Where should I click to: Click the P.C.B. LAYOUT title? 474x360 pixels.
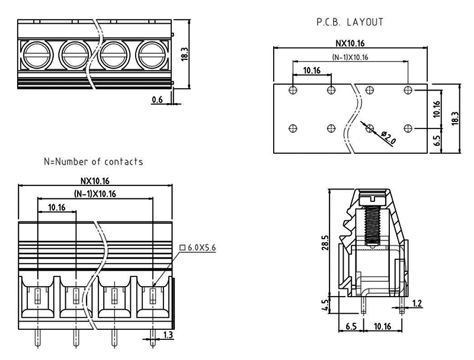click(349, 22)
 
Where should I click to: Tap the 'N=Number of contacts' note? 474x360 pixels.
click(93, 161)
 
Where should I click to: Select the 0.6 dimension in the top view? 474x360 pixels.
click(157, 99)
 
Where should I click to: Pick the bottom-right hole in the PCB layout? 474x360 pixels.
click(408, 128)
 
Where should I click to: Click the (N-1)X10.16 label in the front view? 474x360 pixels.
click(95, 194)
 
